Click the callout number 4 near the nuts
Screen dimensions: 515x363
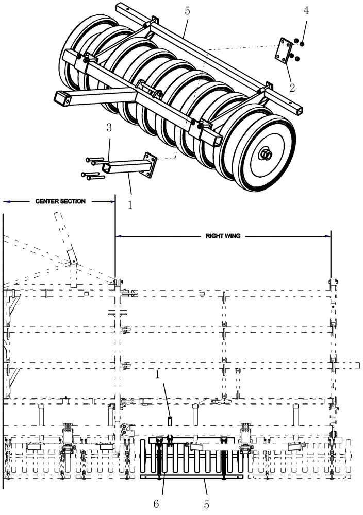click(x=306, y=11)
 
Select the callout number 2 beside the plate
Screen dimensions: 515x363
click(x=292, y=87)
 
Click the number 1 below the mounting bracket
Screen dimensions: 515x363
click(x=130, y=204)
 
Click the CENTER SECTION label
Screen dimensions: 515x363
click(x=60, y=201)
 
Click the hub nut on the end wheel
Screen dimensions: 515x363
click(x=266, y=153)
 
